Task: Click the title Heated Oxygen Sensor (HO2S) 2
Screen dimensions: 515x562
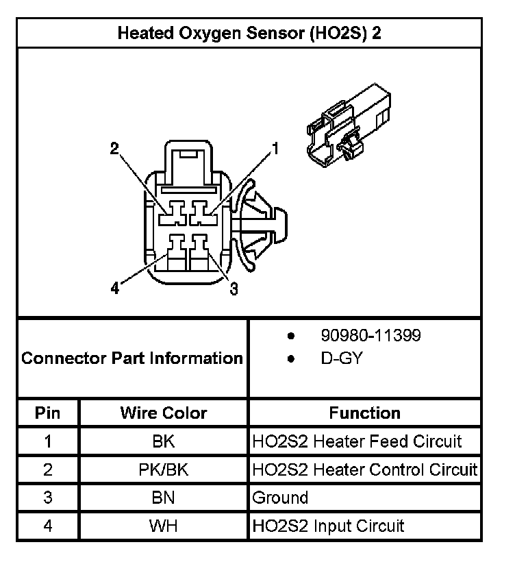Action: click(x=249, y=34)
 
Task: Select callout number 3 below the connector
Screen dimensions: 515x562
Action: click(x=234, y=290)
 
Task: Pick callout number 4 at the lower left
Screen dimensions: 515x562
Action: click(x=114, y=289)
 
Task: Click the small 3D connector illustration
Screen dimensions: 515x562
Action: click(x=349, y=123)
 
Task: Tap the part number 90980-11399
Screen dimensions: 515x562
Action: click(x=370, y=336)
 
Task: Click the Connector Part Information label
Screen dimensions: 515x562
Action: click(x=132, y=358)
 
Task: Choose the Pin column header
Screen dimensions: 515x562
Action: click(x=48, y=413)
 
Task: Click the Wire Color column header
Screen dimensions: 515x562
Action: click(x=164, y=413)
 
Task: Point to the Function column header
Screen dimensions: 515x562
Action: click(x=364, y=413)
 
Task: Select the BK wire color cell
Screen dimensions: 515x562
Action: click(x=164, y=441)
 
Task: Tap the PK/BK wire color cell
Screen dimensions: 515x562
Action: click(x=164, y=469)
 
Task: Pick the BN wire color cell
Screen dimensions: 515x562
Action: click(x=164, y=498)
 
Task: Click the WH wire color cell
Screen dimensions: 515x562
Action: click(x=164, y=526)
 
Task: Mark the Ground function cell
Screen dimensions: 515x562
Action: click(x=281, y=498)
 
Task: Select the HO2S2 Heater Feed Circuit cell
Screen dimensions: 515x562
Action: click(x=357, y=441)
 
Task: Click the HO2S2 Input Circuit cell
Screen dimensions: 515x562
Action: click(x=329, y=526)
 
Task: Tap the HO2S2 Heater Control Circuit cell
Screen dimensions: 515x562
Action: click(x=364, y=469)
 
